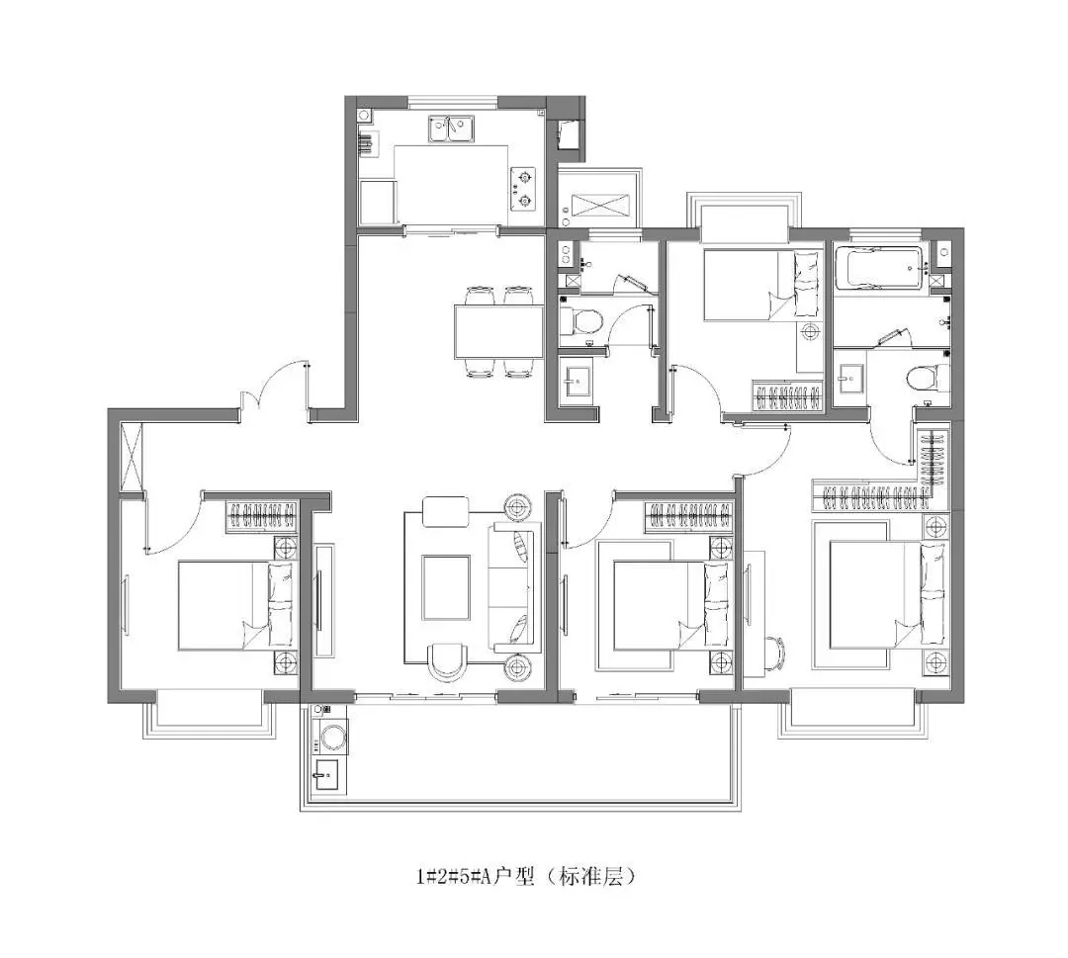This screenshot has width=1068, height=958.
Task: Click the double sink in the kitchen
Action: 451,128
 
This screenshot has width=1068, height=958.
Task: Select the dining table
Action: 498,331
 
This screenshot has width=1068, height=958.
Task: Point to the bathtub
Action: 878,267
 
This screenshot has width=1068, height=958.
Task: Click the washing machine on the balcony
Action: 331,738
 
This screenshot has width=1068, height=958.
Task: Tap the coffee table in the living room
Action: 445,587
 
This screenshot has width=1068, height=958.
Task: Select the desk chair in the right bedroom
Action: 775,653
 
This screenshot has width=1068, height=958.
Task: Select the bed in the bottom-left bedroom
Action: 237,605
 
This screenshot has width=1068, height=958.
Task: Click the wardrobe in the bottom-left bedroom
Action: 262,517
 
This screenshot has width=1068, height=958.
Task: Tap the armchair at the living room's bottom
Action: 448,662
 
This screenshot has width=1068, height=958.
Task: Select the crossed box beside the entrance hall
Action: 132,456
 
